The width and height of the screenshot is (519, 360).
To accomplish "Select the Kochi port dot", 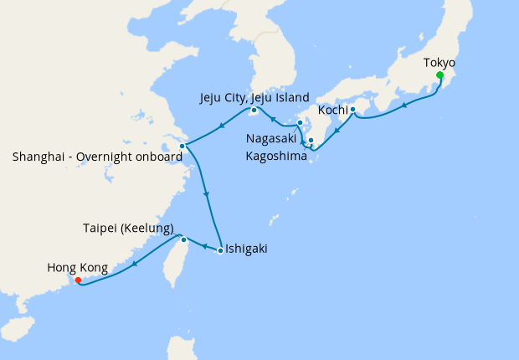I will pyautogui.click(x=352, y=110).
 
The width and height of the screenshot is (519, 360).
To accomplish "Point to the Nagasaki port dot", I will pyautogui.click(x=300, y=123).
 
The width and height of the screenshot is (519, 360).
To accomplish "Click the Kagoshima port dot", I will pyautogui.click(x=311, y=140).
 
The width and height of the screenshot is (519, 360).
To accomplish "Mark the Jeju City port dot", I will pyautogui.click(x=254, y=110).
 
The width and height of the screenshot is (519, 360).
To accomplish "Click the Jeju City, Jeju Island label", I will pyautogui.click(x=254, y=97).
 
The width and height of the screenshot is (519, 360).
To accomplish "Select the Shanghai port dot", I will pyautogui.click(x=182, y=146).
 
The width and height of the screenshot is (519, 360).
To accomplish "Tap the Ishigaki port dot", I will pyautogui.click(x=220, y=250).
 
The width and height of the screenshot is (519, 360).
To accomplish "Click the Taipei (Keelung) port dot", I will pyautogui.click(x=184, y=240).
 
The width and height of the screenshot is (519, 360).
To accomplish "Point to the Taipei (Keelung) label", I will pyautogui.click(x=128, y=228).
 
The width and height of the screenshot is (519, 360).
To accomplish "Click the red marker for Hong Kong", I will pyautogui.click(x=78, y=280).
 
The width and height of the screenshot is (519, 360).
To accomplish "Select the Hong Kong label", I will pyautogui.click(x=77, y=268).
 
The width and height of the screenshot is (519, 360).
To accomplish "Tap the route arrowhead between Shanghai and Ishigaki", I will pyautogui.click(x=206, y=196).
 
